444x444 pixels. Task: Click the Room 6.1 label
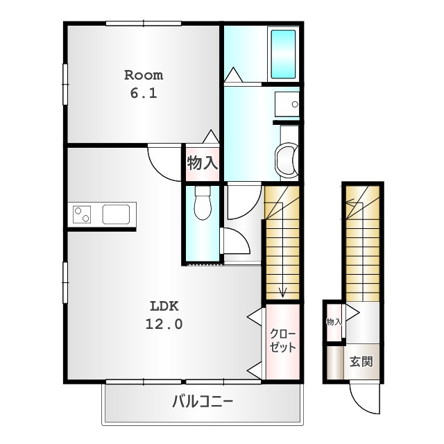pos(144,84)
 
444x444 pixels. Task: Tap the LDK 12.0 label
pos(164,315)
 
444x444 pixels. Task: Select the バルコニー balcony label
pos(203,402)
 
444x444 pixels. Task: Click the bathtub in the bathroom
pos(283,54)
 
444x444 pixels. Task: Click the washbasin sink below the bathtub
pos(287,104)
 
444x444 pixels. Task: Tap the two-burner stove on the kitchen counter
pos(82,214)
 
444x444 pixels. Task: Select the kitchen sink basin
pos(116,214)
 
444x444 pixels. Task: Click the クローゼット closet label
pos(282,341)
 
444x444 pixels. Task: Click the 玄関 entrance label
pos(361,361)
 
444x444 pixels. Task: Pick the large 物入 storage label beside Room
pos(203,163)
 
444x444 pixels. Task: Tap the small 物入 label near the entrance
pos(334,322)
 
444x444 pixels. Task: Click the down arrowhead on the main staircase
pos(282,292)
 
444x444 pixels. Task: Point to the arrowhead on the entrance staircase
pos(350,203)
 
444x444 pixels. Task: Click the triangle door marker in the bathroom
pos(233,74)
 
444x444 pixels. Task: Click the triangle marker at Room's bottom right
pos(211,137)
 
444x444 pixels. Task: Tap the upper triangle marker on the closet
pos(255,315)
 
